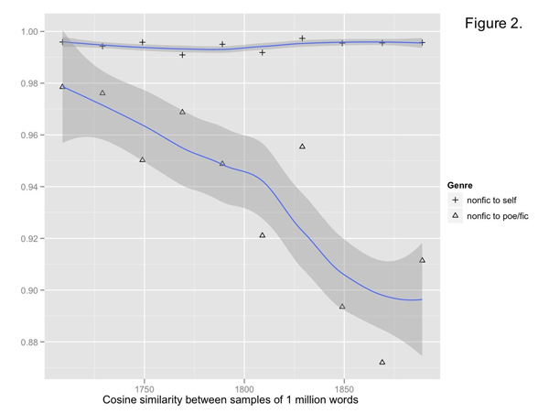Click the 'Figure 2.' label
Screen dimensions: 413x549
pos(493,23)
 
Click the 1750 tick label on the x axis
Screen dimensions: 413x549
pos(144,388)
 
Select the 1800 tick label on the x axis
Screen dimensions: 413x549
pos(244,388)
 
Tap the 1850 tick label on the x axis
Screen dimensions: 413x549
pos(344,388)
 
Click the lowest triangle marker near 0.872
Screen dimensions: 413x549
pos(382,363)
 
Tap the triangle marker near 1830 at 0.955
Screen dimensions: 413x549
pos(303,147)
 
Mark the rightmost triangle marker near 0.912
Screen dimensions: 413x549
pos(422,260)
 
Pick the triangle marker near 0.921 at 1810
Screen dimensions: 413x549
pos(263,235)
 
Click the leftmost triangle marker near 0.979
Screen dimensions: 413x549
pos(62,86)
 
